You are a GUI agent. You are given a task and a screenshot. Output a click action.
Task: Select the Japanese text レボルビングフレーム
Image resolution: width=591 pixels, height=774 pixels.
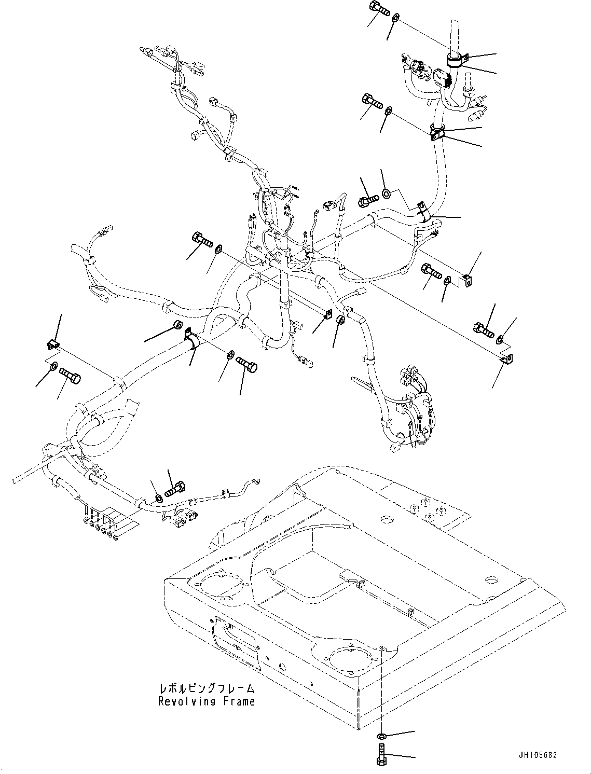(x=207, y=689)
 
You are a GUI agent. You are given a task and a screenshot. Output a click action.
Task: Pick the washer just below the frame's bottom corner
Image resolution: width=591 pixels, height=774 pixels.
(x=381, y=736)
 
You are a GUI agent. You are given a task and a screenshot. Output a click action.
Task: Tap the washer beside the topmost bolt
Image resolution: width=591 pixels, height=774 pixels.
(x=395, y=18)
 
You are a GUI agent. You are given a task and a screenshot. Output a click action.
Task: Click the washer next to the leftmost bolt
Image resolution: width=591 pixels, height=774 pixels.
(x=54, y=367)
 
